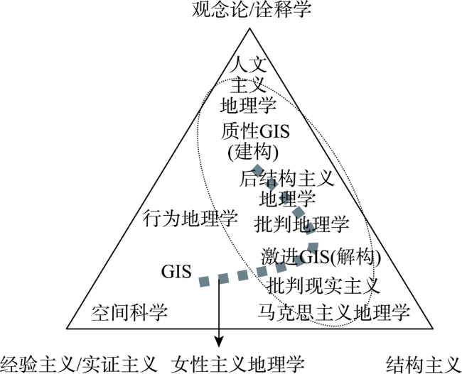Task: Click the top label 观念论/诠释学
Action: pos(252,9)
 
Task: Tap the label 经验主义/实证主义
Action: pos(79,364)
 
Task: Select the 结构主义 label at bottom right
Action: pos(423,364)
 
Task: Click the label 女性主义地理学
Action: pos(237,364)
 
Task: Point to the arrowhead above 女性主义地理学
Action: pos(219,342)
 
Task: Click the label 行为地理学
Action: pos(190,219)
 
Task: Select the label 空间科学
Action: pos(129,312)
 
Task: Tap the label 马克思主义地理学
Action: pos(333,312)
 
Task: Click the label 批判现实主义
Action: pos(323,285)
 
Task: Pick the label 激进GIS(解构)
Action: pos(321,257)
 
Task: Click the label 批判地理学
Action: pos(301,224)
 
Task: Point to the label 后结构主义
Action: pos(286,178)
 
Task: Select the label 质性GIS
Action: pos(255,131)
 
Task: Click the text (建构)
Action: pos(253,152)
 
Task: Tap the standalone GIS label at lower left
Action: pos(176,271)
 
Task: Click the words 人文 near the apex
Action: pos(248,65)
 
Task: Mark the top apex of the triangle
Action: pos(249,28)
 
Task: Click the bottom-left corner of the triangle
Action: pos(67,328)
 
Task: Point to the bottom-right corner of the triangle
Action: pos(433,328)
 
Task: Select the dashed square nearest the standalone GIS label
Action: pos(204,281)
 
